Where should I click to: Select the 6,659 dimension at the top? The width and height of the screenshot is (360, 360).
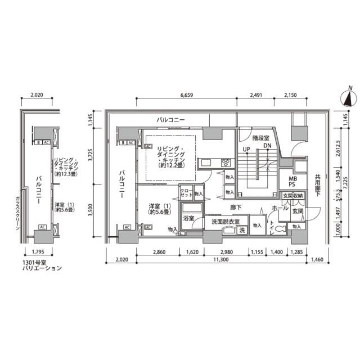[x=187, y=95]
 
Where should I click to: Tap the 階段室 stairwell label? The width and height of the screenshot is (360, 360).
[x=260, y=138]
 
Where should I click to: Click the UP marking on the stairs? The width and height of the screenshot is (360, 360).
[x=246, y=148]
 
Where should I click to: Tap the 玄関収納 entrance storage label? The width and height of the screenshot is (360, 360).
[x=293, y=196]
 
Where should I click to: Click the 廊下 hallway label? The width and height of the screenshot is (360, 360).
[x=236, y=207]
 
